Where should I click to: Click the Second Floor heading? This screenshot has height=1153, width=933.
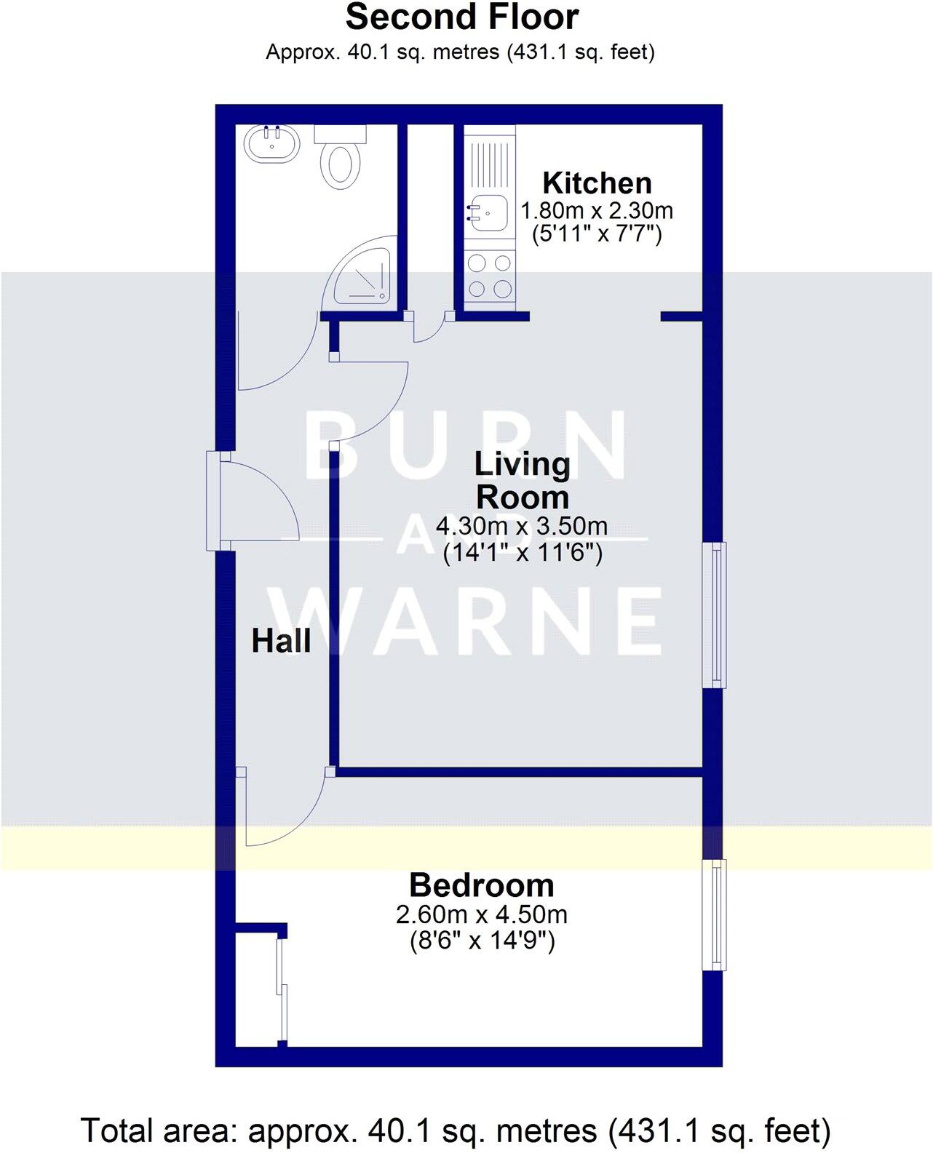(x=462, y=17)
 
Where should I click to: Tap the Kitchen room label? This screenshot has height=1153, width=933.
(x=597, y=183)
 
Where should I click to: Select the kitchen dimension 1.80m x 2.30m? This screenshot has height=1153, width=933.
(x=597, y=211)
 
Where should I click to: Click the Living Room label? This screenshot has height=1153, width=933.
(x=522, y=481)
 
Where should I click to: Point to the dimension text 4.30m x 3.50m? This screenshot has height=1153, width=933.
(x=522, y=525)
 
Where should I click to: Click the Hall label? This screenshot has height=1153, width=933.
(x=281, y=642)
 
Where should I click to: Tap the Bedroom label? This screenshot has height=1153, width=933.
(x=481, y=885)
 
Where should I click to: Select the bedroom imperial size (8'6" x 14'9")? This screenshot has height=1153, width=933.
(x=481, y=942)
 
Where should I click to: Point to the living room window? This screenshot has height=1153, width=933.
(x=714, y=615)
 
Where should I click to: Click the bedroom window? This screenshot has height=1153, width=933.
(x=714, y=914)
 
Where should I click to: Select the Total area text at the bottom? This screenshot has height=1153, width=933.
(x=456, y=1131)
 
